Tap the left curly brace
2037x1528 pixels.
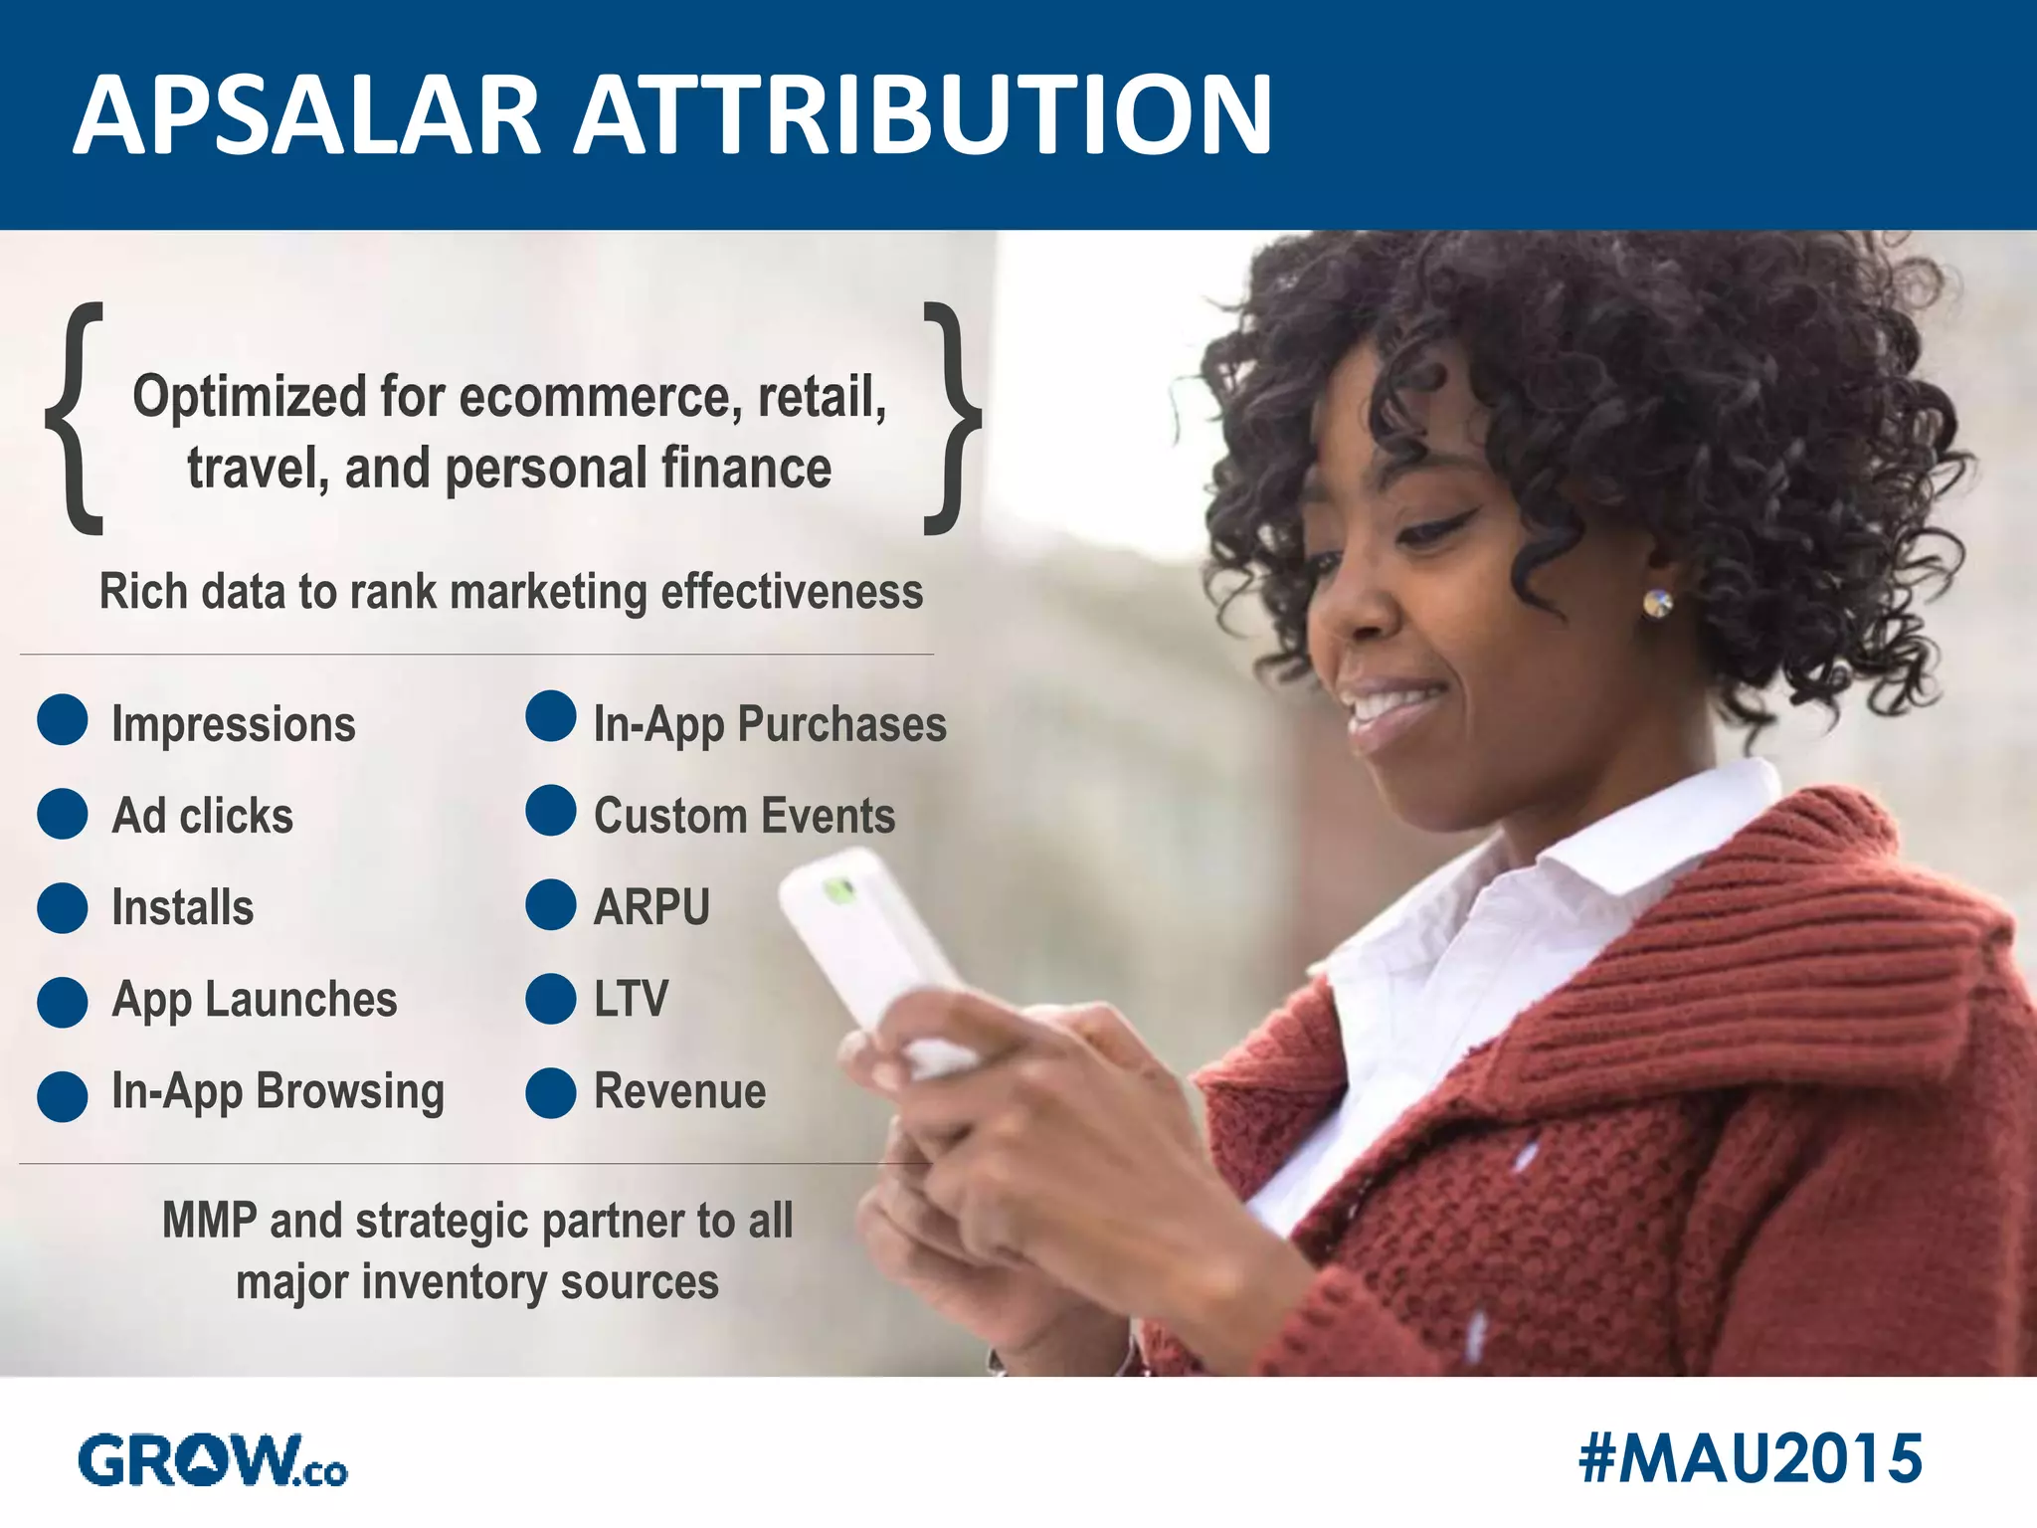coord(76,418)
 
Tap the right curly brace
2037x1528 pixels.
coord(951,418)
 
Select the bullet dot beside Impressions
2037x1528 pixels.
coord(63,719)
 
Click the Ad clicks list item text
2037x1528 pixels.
coord(203,816)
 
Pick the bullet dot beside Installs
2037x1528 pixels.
coord(63,907)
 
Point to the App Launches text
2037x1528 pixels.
coord(255,1000)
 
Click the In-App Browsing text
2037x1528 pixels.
coord(278,1091)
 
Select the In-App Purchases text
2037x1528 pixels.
coord(770,724)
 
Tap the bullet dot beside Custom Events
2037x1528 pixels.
coord(551,810)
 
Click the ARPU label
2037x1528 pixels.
coord(651,907)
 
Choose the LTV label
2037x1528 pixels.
coord(631,999)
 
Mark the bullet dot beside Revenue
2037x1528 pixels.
coord(551,1092)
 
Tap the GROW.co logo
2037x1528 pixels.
coord(212,1460)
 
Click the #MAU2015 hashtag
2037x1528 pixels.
coord(1750,1459)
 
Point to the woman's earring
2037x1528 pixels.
coord(1657,603)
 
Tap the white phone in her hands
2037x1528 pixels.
coord(871,945)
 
